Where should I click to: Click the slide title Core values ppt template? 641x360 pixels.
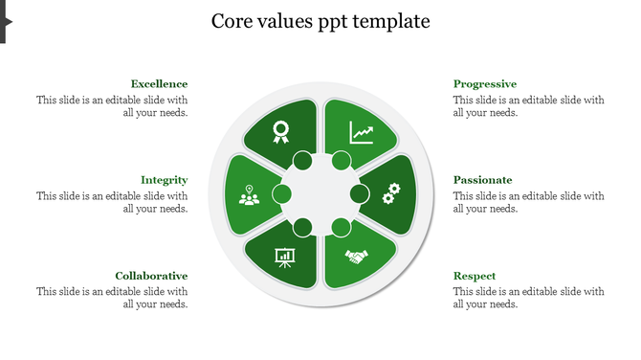(x=320, y=21)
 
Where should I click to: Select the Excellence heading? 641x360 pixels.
(x=159, y=84)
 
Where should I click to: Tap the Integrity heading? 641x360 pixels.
(x=164, y=180)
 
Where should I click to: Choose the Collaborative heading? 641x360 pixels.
(x=151, y=276)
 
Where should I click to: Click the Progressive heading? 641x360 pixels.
(x=484, y=84)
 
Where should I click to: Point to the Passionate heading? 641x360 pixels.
(x=482, y=180)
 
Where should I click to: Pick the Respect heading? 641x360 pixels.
(x=474, y=276)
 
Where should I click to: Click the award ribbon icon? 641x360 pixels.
(x=280, y=131)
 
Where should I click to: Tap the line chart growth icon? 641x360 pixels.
(x=362, y=131)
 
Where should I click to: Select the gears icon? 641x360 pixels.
(x=390, y=194)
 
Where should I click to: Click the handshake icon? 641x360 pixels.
(x=357, y=257)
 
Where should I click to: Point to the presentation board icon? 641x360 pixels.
(x=284, y=257)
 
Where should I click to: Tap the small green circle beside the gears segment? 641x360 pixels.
(x=360, y=194)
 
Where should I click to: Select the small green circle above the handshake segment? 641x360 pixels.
(x=341, y=228)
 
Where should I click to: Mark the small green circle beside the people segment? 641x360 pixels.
(x=282, y=194)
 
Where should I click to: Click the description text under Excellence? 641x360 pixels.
(x=112, y=105)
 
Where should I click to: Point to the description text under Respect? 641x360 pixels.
(x=528, y=297)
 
